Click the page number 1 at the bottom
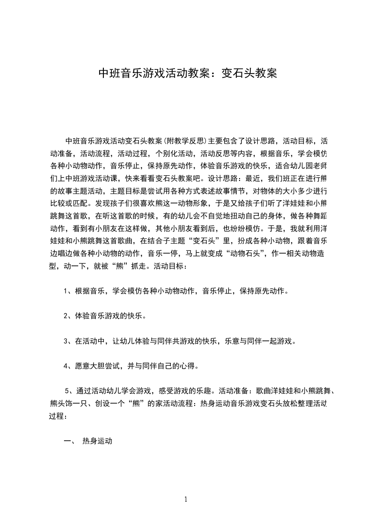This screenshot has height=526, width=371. (x=186, y=499)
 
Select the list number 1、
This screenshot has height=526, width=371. (x=68, y=291)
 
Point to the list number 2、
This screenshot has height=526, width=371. (x=68, y=316)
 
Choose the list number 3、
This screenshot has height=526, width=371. (x=68, y=341)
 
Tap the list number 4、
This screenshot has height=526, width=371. (x=68, y=366)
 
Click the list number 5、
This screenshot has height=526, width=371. (x=68, y=391)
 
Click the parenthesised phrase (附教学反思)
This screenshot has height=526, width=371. (x=185, y=141)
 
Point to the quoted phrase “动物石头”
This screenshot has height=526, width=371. (x=235, y=254)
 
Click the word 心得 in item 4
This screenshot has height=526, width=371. (x=195, y=366)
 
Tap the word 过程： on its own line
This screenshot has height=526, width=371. (x=58, y=416)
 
